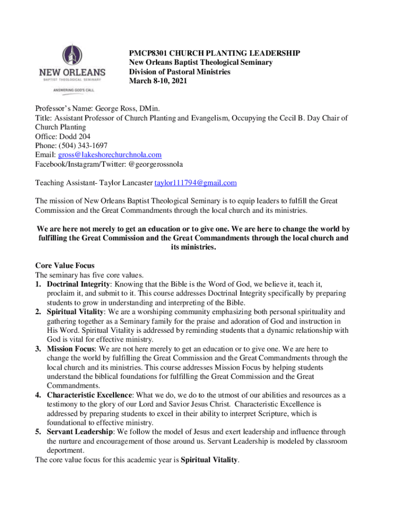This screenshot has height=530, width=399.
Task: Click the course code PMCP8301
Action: point(148,53)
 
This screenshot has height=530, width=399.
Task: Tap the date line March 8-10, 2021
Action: point(158,81)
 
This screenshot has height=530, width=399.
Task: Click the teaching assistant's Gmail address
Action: point(195,183)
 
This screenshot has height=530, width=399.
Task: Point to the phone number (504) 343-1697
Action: point(83,145)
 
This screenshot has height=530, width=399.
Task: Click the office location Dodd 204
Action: point(77,136)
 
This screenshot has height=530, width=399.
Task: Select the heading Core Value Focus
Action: point(65,266)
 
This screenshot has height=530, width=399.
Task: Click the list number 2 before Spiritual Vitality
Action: point(38,312)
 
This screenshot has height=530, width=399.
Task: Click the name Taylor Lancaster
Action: point(126,183)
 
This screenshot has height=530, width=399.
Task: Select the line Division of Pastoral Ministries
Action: point(179,72)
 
